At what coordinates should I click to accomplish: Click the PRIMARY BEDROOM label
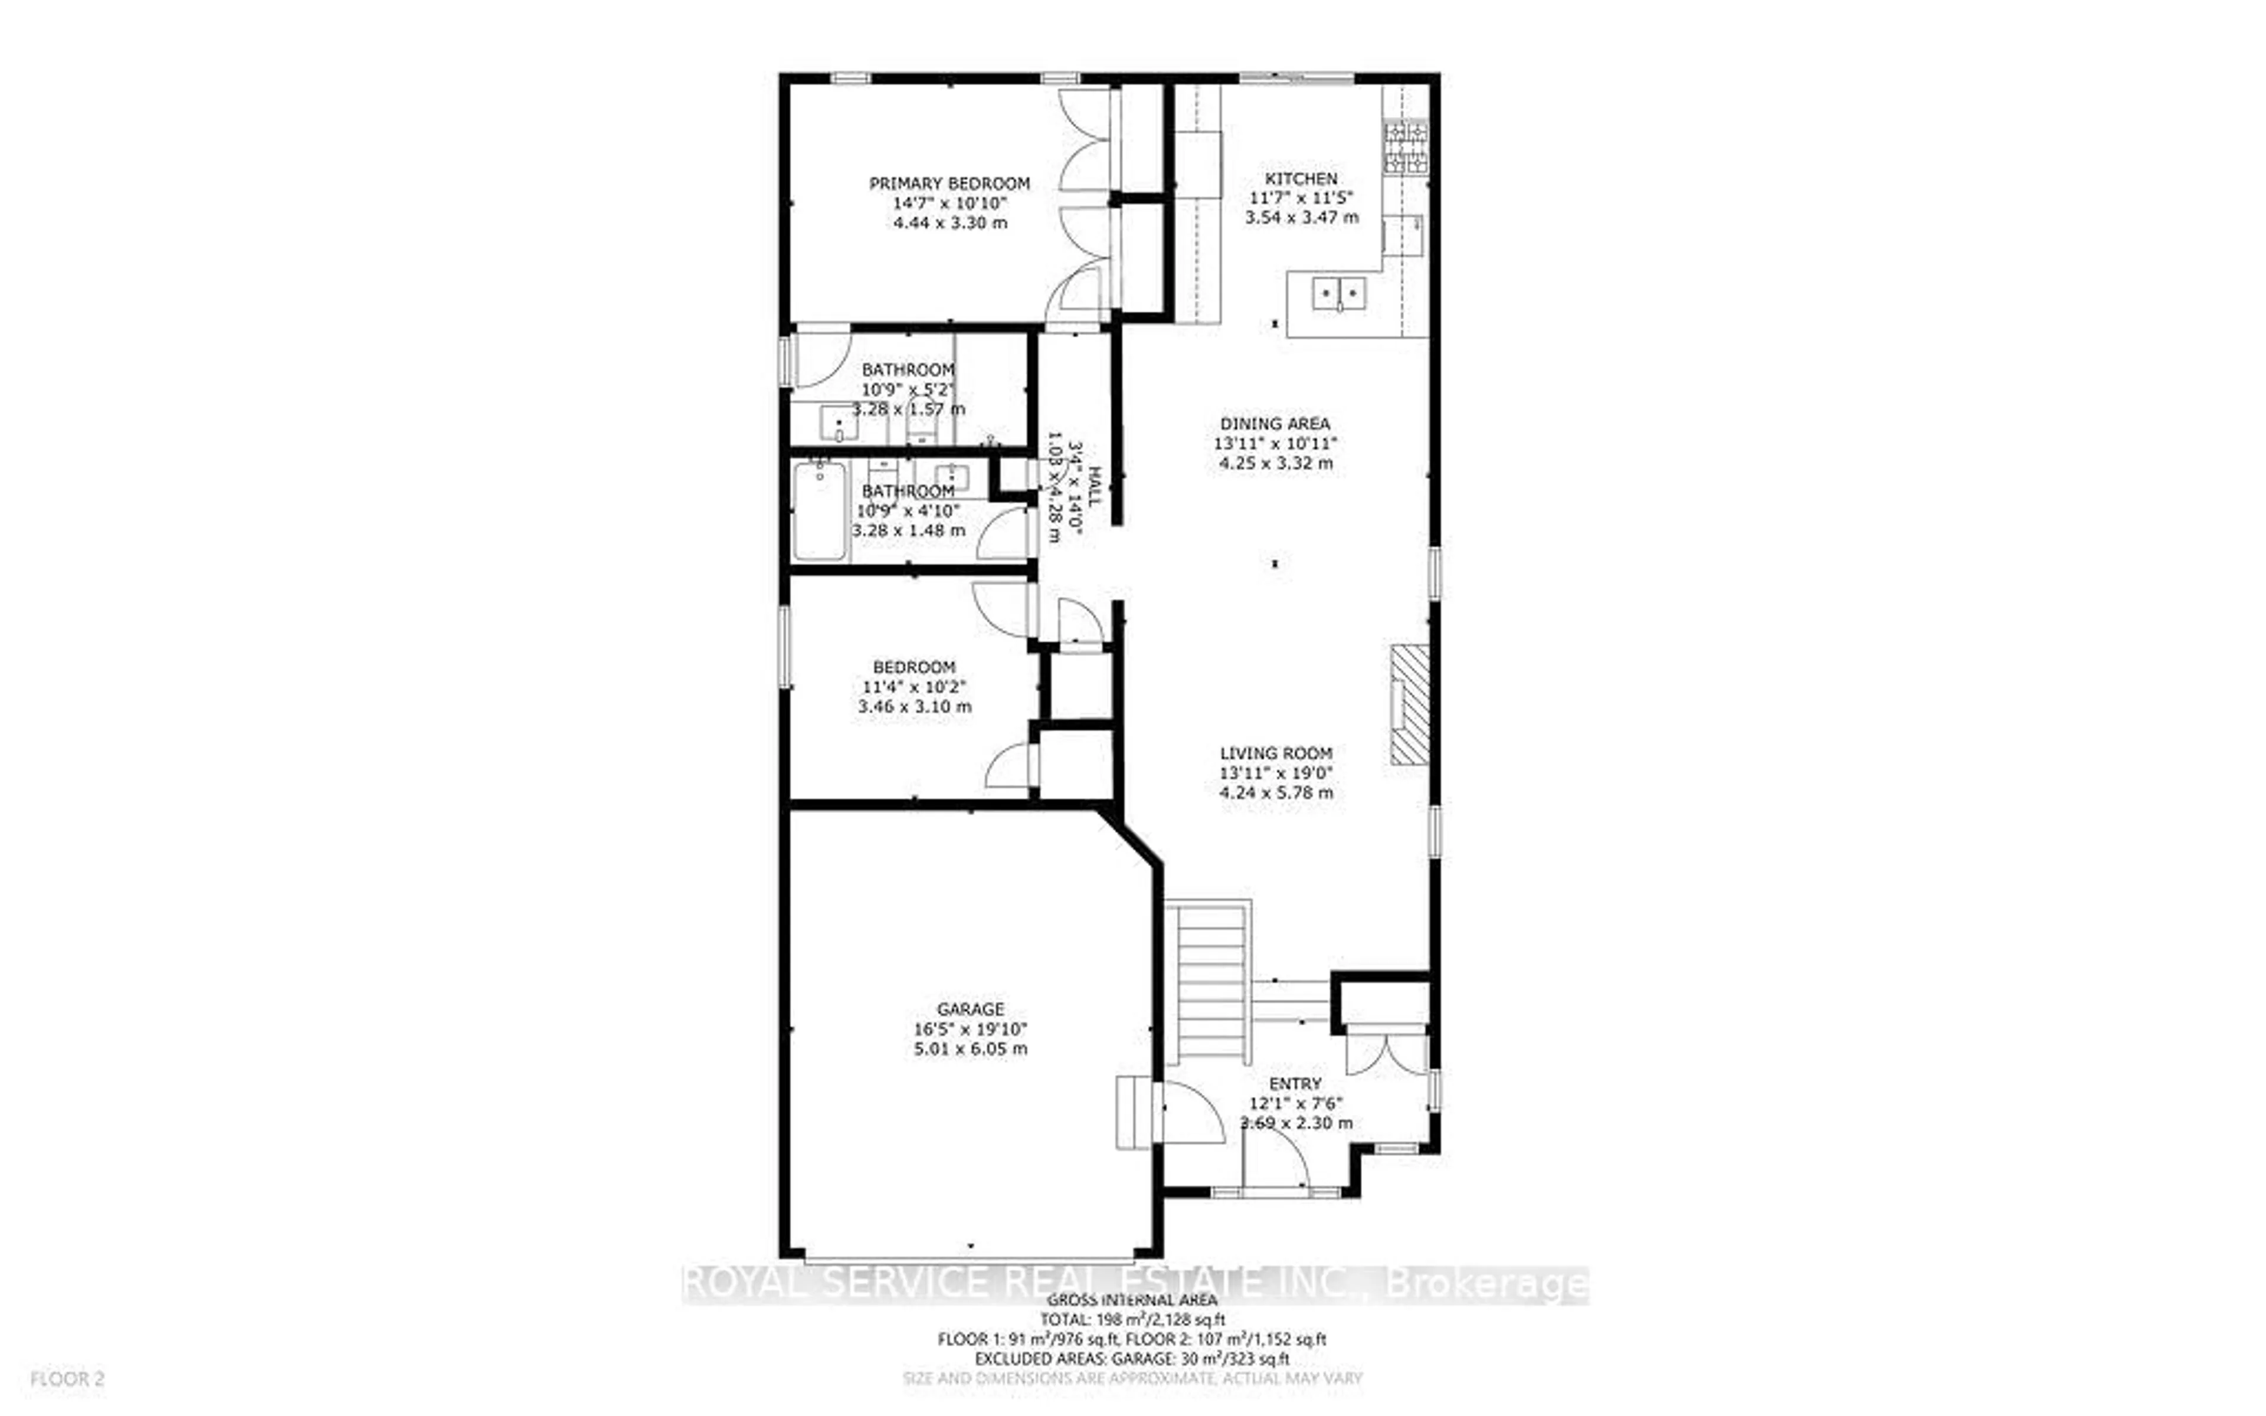949,183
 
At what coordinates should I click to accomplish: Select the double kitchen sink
1338,294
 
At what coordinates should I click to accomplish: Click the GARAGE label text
970,1009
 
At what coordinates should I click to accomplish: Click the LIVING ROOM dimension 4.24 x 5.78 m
1275,792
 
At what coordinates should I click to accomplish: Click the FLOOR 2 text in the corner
67,1379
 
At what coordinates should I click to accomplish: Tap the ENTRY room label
1295,1084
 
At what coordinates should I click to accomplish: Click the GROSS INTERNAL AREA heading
1131,1300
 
